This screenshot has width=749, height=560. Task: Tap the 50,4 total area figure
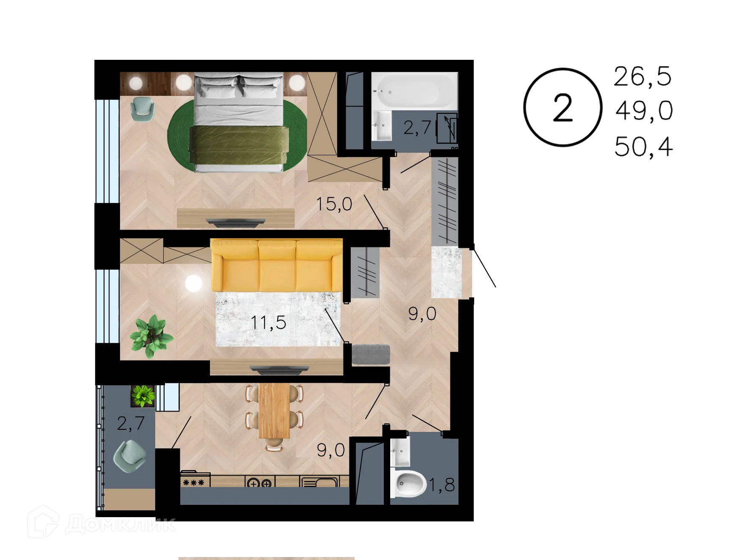(x=644, y=148)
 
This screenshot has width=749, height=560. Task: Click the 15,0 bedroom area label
(x=334, y=204)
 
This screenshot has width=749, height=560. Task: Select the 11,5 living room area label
(x=268, y=322)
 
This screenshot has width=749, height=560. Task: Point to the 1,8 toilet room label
(x=442, y=484)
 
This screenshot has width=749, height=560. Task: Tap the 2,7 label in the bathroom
(x=417, y=127)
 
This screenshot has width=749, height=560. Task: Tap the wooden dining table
(x=274, y=410)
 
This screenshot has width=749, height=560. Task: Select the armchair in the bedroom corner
(x=143, y=108)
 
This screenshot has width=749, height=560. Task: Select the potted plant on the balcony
(x=143, y=395)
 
